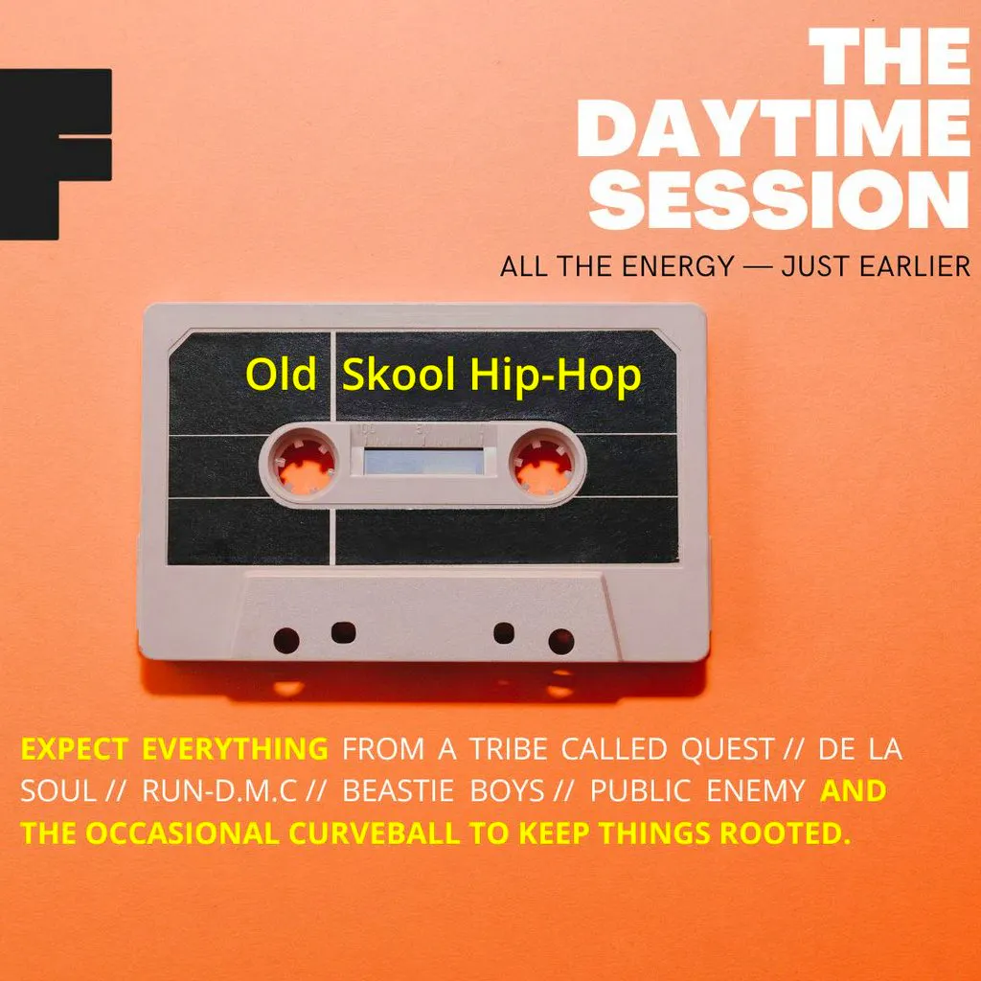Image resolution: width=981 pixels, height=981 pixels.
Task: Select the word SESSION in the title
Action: [786, 198]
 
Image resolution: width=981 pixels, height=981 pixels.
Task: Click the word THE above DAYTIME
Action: [888, 58]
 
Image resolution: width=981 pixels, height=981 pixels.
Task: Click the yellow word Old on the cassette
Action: [281, 376]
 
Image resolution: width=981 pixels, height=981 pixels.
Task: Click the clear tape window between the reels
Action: [422, 461]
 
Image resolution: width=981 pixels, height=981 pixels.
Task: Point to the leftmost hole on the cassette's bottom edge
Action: [285, 640]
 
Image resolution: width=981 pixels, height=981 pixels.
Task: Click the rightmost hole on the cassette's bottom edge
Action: [560, 640]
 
